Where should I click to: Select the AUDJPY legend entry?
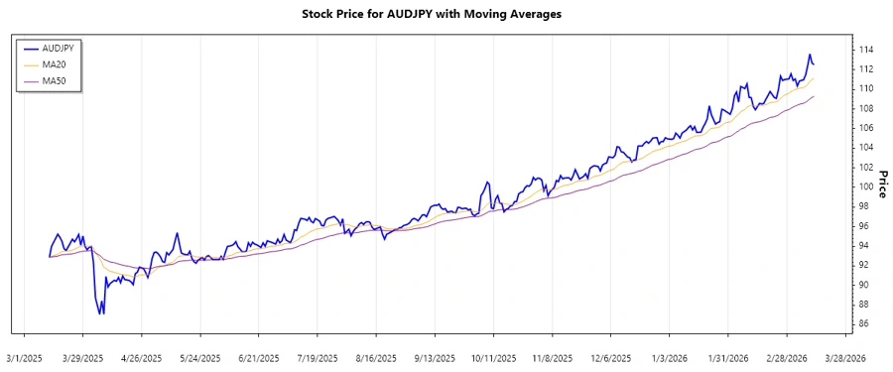(x=57, y=48)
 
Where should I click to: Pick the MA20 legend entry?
(x=52, y=63)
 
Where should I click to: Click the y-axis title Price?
(x=880, y=182)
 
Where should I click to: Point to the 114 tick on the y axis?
(x=866, y=50)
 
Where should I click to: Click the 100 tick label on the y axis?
(x=866, y=186)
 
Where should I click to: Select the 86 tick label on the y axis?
(x=863, y=323)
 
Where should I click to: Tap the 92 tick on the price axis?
(x=863, y=265)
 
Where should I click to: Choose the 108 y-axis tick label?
(x=866, y=108)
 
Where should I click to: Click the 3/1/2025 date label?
(x=25, y=357)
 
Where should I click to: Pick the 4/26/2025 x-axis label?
(x=142, y=357)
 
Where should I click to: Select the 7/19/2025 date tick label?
(x=318, y=357)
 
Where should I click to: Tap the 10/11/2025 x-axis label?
(x=493, y=357)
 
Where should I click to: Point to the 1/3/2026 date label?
(x=669, y=357)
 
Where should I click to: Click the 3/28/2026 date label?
(x=844, y=357)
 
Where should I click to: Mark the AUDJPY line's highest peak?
(x=810, y=55)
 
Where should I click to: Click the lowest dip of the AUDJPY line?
(x=100, y=314)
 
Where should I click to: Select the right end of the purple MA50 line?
(x=814, y=96)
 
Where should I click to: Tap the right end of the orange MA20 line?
(x=814, y=78)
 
